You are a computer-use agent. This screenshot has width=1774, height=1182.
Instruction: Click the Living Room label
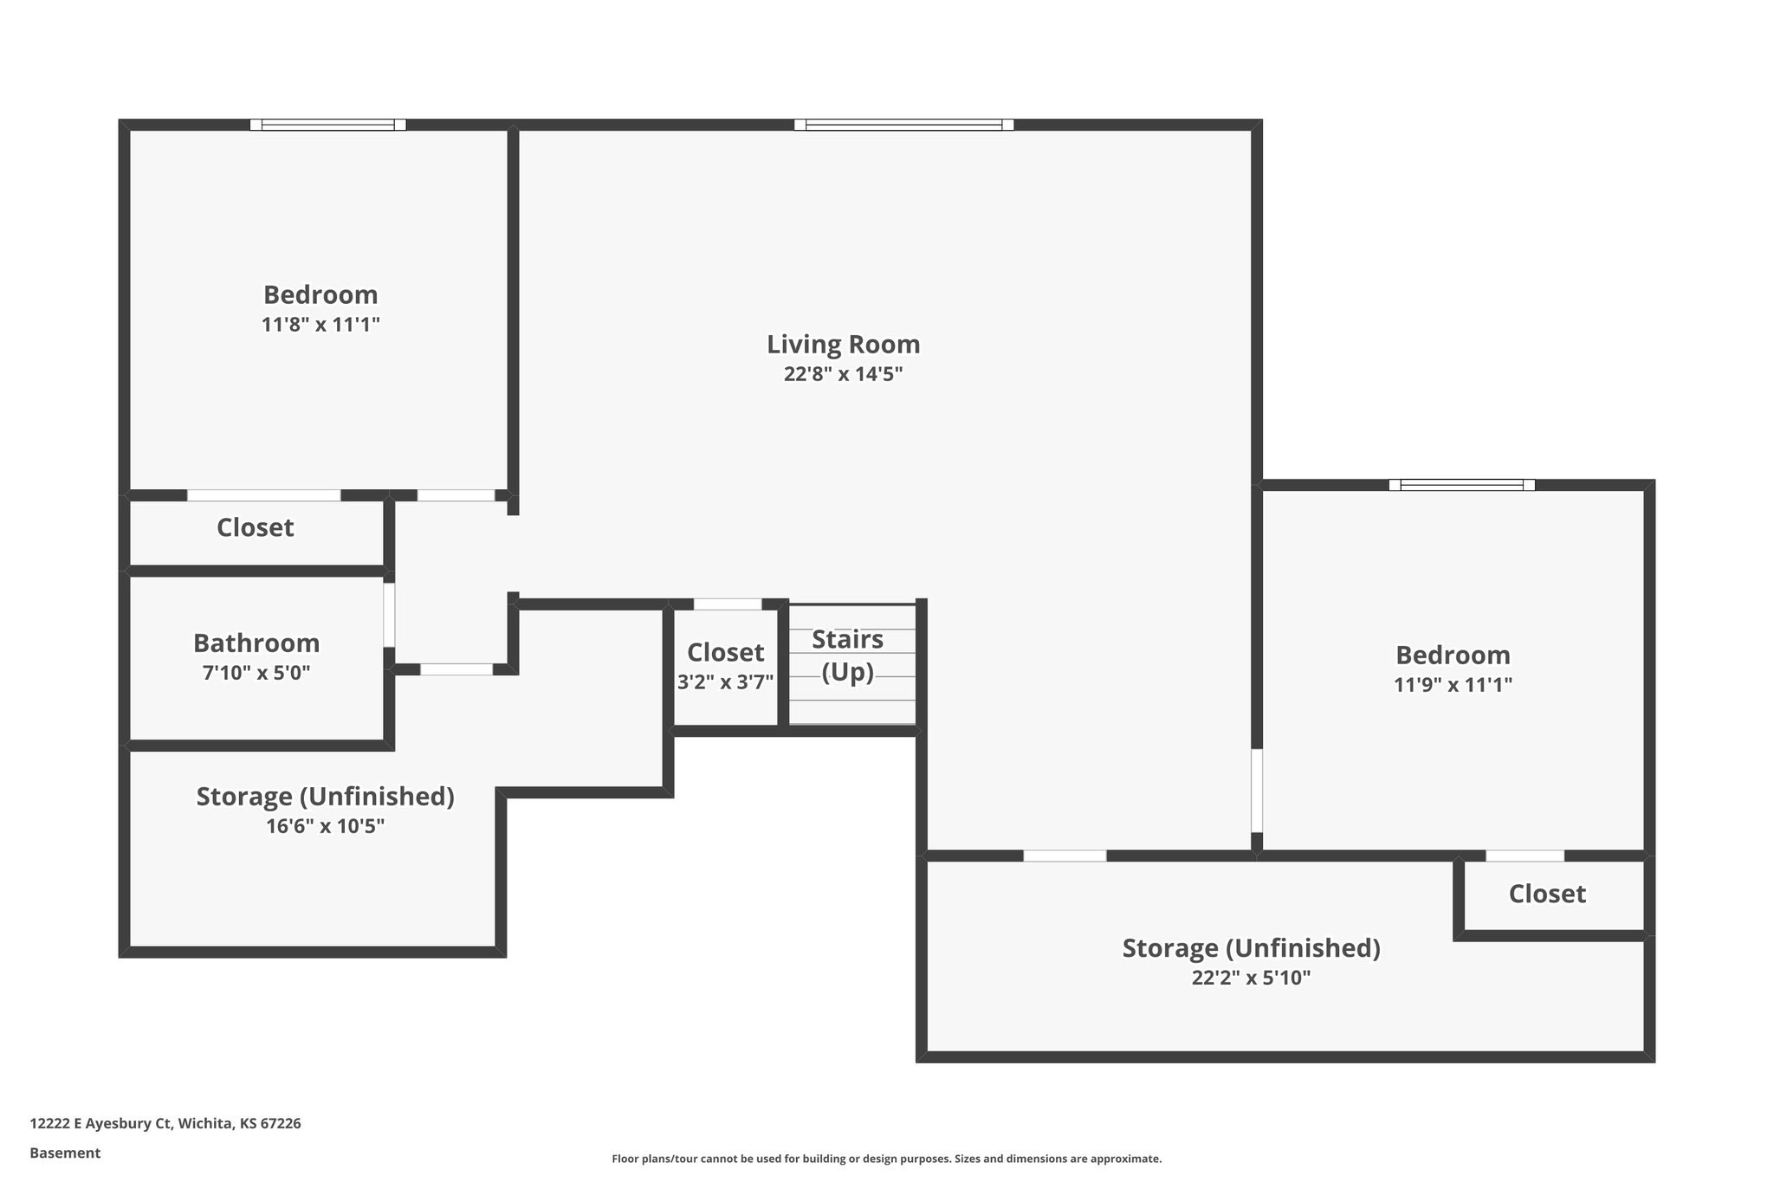pos(843,345)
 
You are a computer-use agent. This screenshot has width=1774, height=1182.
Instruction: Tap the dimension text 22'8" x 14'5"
pos(843,374)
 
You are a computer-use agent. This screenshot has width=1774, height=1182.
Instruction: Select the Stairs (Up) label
pos(847,655)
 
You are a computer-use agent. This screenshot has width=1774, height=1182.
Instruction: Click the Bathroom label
pos(256,643)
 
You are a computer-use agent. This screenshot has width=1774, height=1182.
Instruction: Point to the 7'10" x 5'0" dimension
pos(256,673)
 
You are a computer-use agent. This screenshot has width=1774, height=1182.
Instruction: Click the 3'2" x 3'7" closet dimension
pos(725,682)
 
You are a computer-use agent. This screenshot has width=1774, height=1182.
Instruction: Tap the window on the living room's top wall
pos(903,125)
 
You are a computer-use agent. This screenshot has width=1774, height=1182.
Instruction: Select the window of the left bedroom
pos(327,125)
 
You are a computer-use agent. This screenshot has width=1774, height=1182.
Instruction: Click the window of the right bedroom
pos(1461,485)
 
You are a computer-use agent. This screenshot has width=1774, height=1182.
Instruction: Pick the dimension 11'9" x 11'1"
pos(1453,685)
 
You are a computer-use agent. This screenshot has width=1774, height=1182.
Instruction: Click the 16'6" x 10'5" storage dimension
pos(325,826)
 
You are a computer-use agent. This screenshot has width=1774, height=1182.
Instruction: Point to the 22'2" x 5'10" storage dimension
pos(1251,978)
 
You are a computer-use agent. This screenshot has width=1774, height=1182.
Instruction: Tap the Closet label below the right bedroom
pos(1547,895)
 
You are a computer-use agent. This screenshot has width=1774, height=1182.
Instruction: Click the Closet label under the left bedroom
pos(255,527)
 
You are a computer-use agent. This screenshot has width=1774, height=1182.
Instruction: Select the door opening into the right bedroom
pos(1257,790)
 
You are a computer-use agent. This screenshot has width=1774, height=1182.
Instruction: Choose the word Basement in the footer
pos(65,1153)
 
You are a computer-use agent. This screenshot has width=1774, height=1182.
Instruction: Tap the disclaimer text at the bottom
pos(886,1159)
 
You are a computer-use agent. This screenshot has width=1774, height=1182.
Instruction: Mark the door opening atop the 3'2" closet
pos(728,604)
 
